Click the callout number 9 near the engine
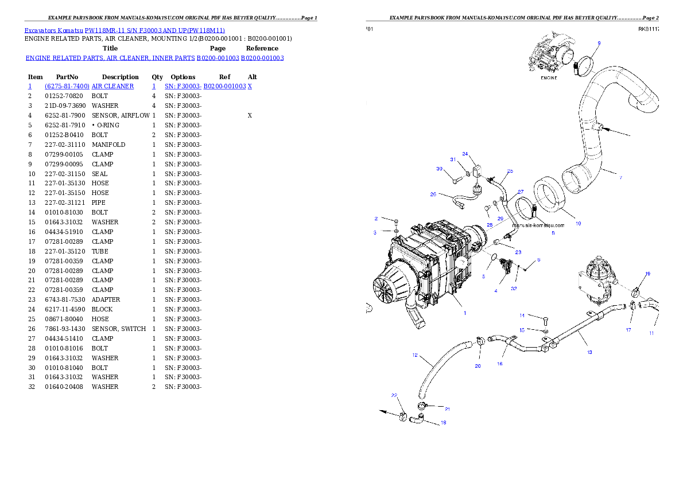(x=599, y=43)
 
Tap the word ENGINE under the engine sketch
(x=549, y=78)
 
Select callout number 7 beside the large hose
(x=620, y=178)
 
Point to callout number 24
(x=465, y=154)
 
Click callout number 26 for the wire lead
(x=433, y=194)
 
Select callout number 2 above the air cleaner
(x=376, y=219)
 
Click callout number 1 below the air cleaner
(x=465, y=313)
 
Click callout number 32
(x=514, y=289)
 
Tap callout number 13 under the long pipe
(x=589, y=352)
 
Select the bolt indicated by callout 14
(x=545, y=320)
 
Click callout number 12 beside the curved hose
(x=414, y=355)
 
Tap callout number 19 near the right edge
(x=647, y=274)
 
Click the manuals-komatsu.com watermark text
(x=538, y=225)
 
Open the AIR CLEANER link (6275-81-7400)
(x=89, y=86)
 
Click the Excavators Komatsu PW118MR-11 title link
(x=125, y=30)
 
